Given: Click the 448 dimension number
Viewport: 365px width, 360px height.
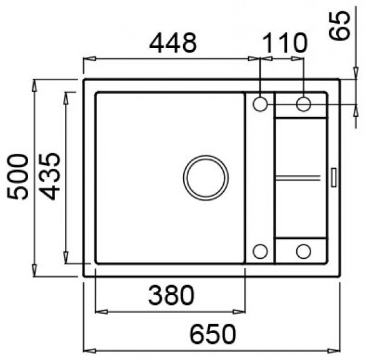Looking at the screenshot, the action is [x=172, y=42].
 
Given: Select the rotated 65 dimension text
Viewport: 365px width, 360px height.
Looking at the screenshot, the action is [x=339, y=26].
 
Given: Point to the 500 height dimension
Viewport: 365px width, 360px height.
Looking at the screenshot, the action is [x=17, y=176].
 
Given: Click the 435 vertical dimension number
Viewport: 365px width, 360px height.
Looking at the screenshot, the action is [x=49, y=176].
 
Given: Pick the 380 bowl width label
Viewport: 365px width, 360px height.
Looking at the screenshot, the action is [x=171, y=295].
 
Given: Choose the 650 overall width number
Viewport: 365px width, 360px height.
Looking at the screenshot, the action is [x=212, y=334].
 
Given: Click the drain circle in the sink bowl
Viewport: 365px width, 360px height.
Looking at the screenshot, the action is [x=206, y=177].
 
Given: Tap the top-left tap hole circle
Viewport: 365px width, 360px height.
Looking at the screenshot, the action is [x=260, y=104].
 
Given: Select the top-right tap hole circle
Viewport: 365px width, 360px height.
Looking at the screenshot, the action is [x=304, y=104].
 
